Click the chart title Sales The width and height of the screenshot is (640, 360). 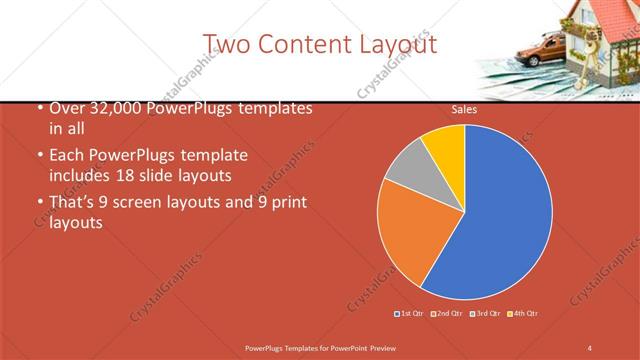(x=464, y=108)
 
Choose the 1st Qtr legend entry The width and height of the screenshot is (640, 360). (x=410, y=314)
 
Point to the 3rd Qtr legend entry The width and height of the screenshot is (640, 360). (x=485, y=314)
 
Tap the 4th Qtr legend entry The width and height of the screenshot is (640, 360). (x=523, y=314)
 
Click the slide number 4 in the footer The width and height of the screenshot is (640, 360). (x=590, y=347)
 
